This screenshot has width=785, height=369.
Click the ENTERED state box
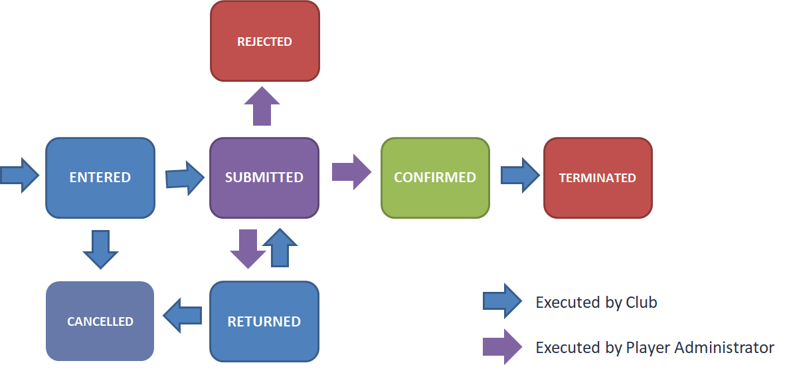(x=100, y=178)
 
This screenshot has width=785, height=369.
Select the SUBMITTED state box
(x=264, y=178)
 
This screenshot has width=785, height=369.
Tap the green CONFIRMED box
(x=435, y=178)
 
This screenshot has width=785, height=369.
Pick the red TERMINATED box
(x=598, y=178)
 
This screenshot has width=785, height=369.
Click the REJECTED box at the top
(x=264, y=41)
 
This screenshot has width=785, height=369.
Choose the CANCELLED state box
(x=100, y=321)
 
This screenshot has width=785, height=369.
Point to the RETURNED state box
(x=264, y=321)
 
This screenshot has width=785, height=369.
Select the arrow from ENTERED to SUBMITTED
(x=185, y=178)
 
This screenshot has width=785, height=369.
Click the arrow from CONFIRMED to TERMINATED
(x=519, y=176)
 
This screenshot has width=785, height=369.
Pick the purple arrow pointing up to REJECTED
(x=262, y=106)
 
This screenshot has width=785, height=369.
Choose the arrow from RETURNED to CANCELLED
(x=182, y=315)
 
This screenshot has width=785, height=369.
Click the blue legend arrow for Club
(x=502, y=302)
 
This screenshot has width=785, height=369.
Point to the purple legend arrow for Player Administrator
(x=502, y=347)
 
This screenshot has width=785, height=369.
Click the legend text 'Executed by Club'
(x=596, y=303)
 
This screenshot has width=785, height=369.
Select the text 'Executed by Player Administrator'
(x=655, y=347)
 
